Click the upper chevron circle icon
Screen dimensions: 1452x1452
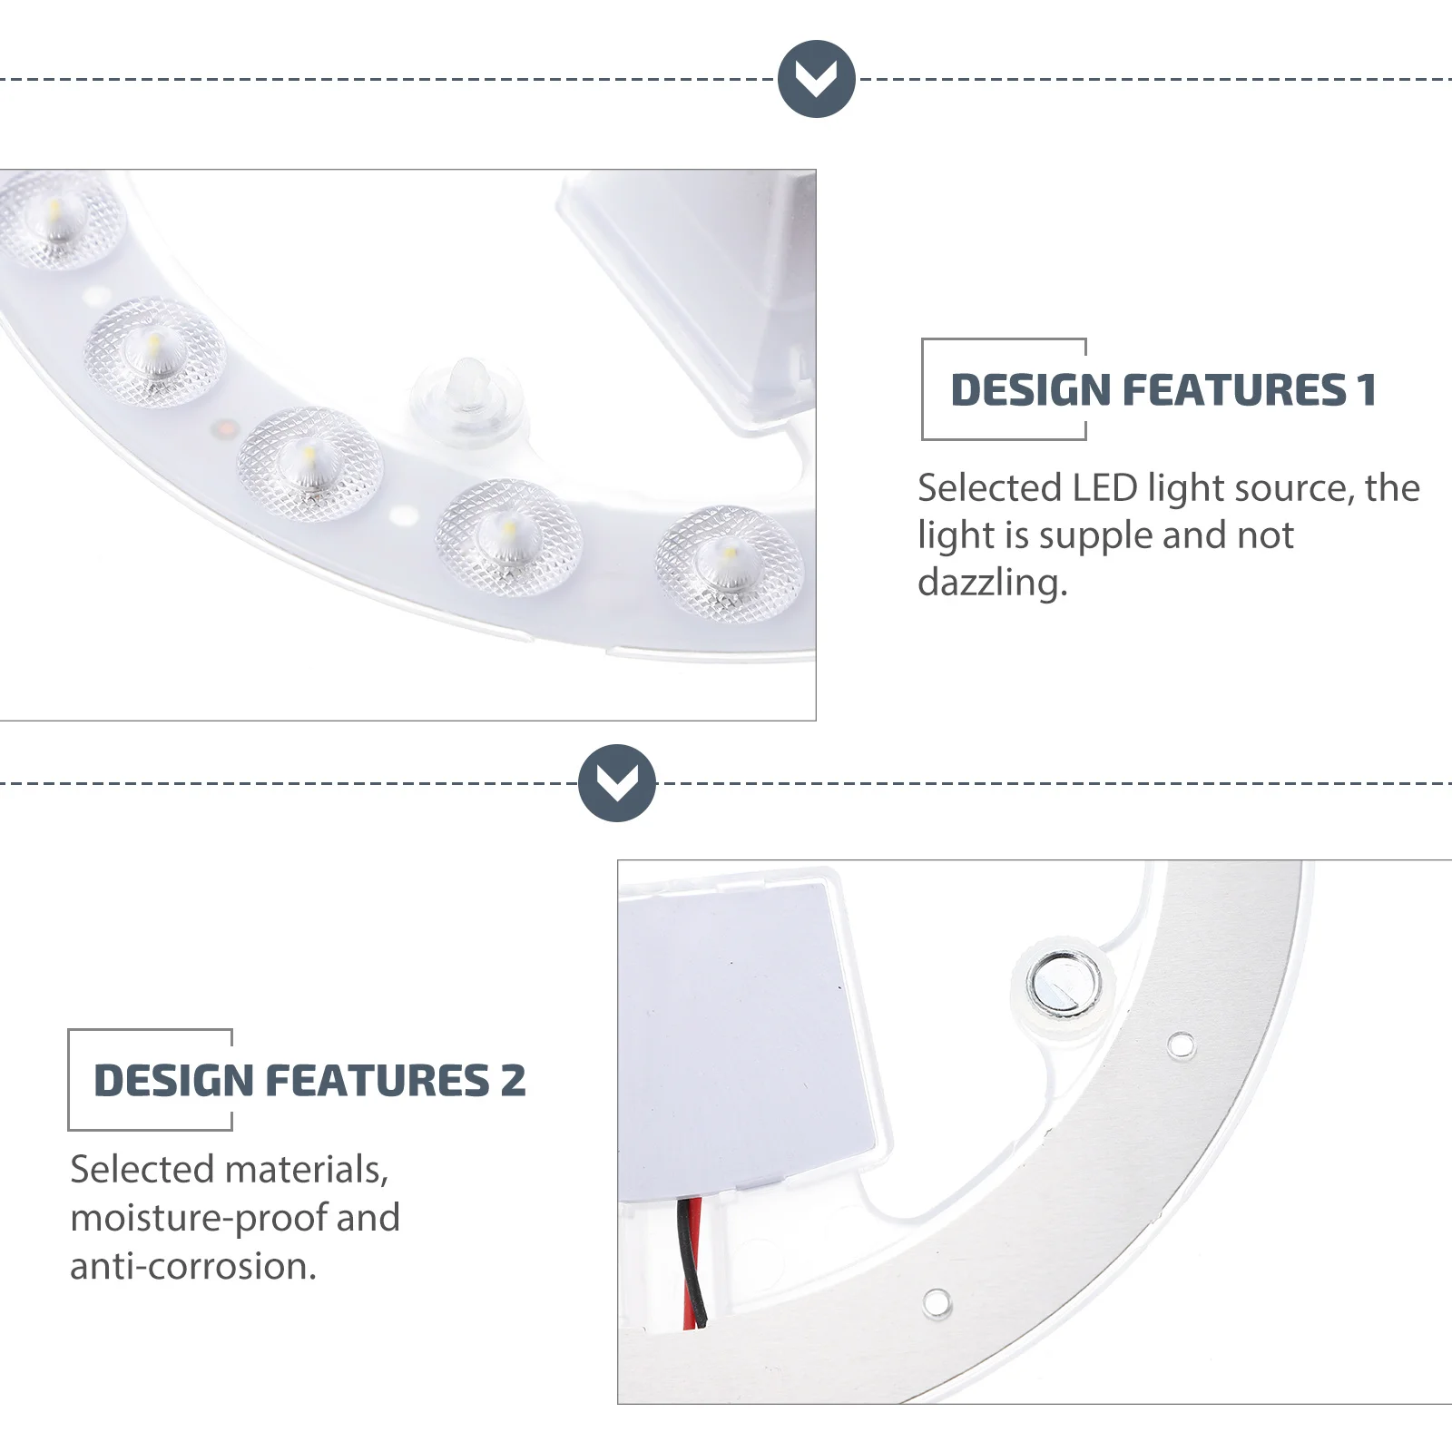pyautogui.click(x=817, y=79)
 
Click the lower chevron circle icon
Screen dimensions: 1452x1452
pyautogui.click(x=617, y=783)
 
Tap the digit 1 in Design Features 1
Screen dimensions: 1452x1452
pyautogui.click(x=1367, y=390)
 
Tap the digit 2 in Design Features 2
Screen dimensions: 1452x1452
pyautogui.click(x=513, y=1081)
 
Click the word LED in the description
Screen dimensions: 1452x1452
pyautogui.click(x=1104, y=488)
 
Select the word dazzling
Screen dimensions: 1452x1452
pyautogui.click(x=992, y=583)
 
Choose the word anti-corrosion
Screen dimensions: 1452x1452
pyautogui.click(x=193, y=1266)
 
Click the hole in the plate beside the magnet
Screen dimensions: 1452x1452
pyautogui.click(x=1181, y=1045)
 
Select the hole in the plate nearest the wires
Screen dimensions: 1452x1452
pyautogui.click(x=937, y=1303)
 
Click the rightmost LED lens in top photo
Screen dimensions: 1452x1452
pyautogui.click(x=730, y=563)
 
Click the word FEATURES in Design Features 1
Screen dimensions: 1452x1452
pyautogui.click(x=1234, y=390)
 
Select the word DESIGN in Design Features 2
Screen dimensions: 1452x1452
pyautogui.click(x=173, y=1081)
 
